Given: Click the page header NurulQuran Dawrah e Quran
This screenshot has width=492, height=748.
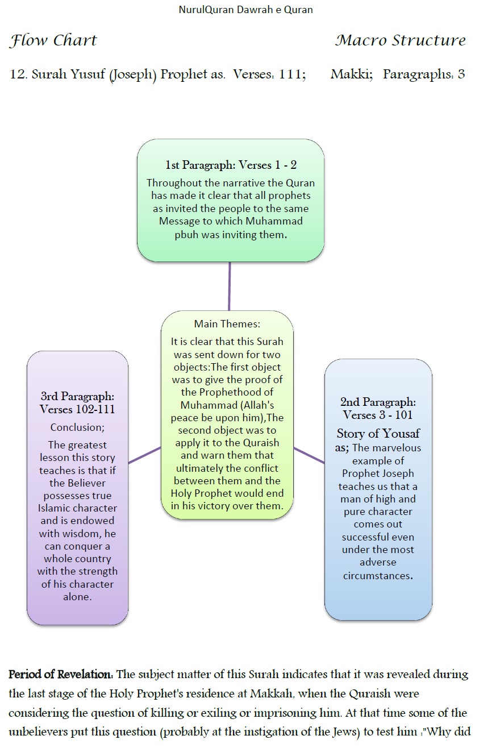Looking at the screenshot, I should pyautogui.click(x=246, y=10).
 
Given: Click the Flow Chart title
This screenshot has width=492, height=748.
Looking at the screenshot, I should pyautogui.click(x=53, y=41).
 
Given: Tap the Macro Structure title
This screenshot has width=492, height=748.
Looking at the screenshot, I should pyautogui.click(x=400, y=41).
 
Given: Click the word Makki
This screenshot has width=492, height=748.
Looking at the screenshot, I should pyautogui.click(x=351, y=74).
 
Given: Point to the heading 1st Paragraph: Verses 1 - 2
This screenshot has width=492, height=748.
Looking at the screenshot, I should pyautogui.click(x=231, y=165).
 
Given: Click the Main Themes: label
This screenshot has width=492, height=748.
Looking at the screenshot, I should pyautogui.click(x=227, y=324).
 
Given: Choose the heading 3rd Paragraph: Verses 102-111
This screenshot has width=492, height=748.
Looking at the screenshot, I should pyautogui.click(x=77, y=402).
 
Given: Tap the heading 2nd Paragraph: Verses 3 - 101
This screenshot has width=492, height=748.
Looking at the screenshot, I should pyautogui.click(x=378, y=408).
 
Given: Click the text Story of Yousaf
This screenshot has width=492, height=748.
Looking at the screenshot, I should pyautogui.click(x=378, y=434).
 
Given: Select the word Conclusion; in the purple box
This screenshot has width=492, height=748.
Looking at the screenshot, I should pyautogui.click(x=77, y=427).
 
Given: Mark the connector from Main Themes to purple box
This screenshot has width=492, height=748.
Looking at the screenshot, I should pyautogui.click(x=145, y=455).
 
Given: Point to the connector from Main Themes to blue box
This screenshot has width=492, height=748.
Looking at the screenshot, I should pyautogui.click(x=309, y=455).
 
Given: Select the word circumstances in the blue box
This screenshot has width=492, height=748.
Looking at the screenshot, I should pyautogui.click(x=377, y=575).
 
